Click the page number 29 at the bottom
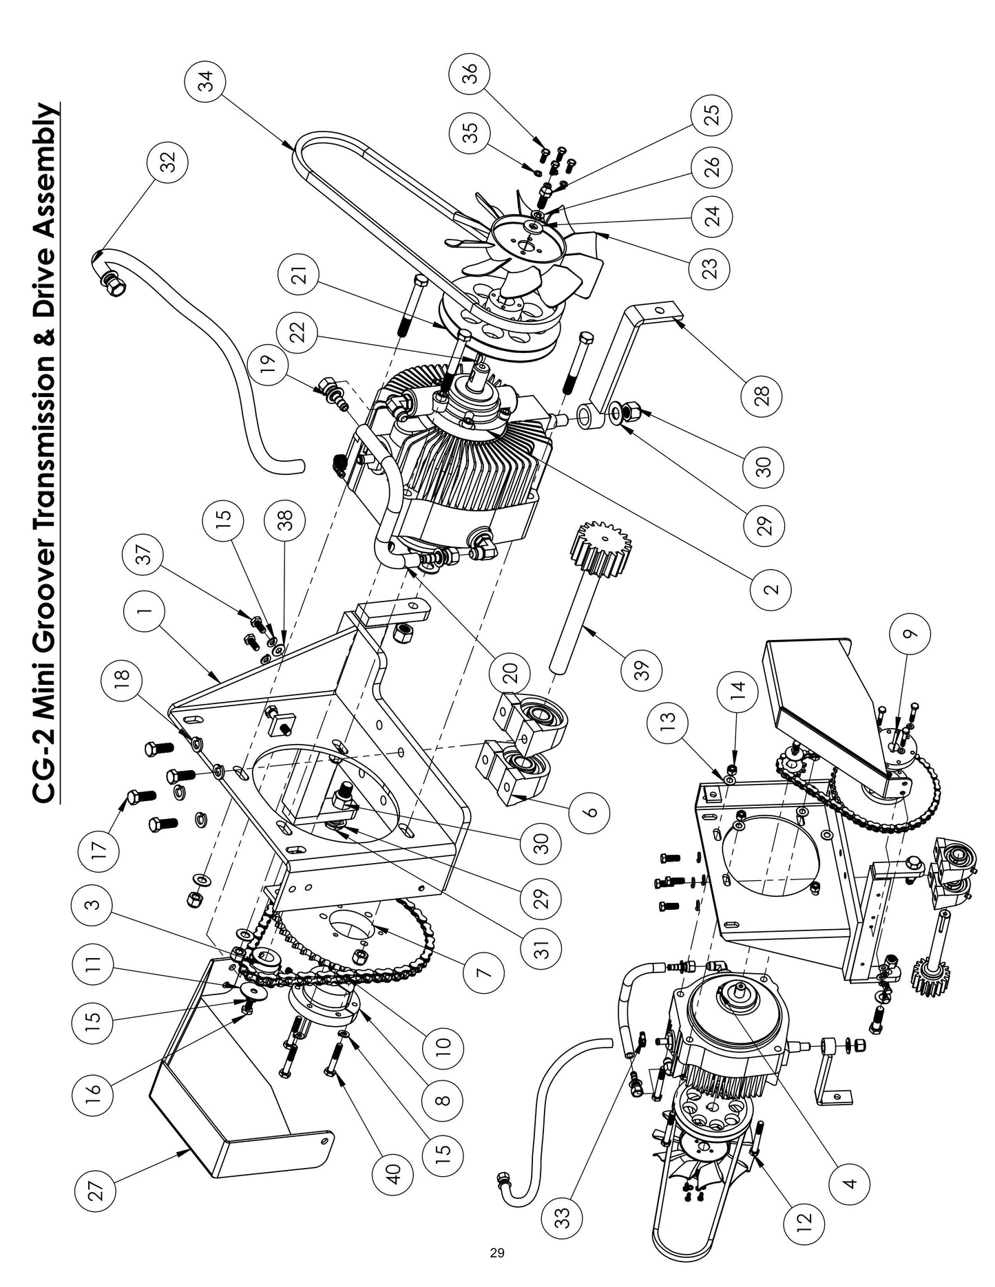click(497, 1272)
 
